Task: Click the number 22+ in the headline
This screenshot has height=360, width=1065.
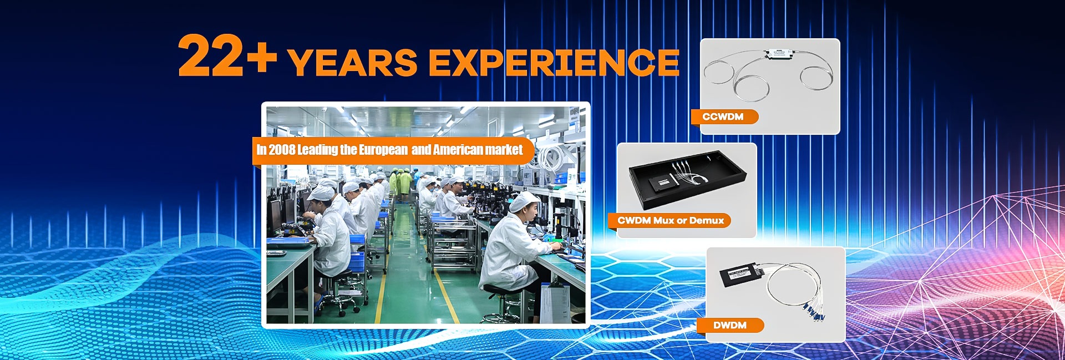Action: (227, 55)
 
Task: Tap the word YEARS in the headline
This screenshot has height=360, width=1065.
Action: (353, 62)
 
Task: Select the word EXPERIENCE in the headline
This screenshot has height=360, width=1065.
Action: (554, 62)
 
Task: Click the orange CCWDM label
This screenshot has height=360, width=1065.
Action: (723, 116)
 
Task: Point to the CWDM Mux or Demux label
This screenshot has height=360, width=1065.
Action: (670, 221)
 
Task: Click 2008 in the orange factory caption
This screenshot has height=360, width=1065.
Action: (282, 150)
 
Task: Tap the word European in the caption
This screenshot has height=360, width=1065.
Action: (383, 150)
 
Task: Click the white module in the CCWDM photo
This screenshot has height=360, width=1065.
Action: (779, 53)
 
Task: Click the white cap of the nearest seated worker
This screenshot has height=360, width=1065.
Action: (524, 202)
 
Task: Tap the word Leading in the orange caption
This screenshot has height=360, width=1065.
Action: (317, 150)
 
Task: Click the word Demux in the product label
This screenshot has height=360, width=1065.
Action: (707, 221)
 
